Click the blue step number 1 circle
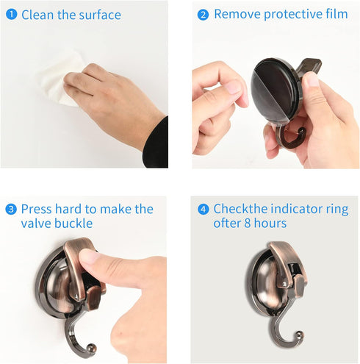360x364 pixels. coord(12,15)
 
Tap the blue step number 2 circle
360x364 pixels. coord(203,14)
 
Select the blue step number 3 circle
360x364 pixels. coord(11,209)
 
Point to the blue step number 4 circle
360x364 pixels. coord(204,209)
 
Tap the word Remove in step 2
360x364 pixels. coord(237,14)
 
